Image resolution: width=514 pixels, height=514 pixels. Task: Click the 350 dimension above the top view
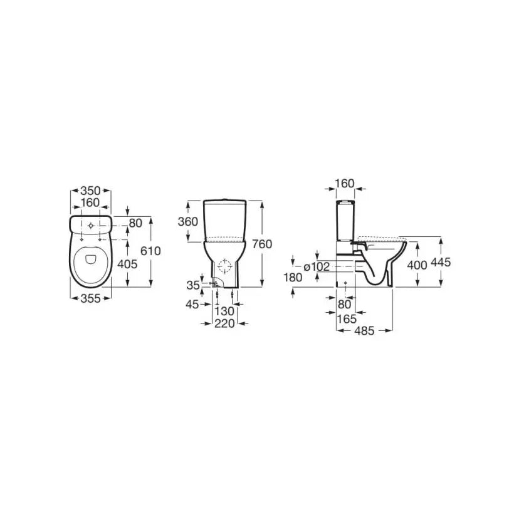tap(90, 191)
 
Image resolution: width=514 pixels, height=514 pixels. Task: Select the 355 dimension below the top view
tap(90, 298)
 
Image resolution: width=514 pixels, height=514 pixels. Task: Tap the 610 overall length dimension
tap(150, 251)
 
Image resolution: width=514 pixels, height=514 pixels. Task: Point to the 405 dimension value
tap(127, 264)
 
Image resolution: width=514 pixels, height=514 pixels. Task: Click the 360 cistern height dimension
tap(188, 222)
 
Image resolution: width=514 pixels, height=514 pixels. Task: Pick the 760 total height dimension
tap(262, 244)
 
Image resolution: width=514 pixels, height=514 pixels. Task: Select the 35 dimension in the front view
tap(193, 285)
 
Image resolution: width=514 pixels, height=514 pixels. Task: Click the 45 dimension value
tap(192, 305)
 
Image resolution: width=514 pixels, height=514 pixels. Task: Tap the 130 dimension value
tap(224, 311)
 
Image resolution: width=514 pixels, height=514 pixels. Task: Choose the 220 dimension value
tap(224, 323)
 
